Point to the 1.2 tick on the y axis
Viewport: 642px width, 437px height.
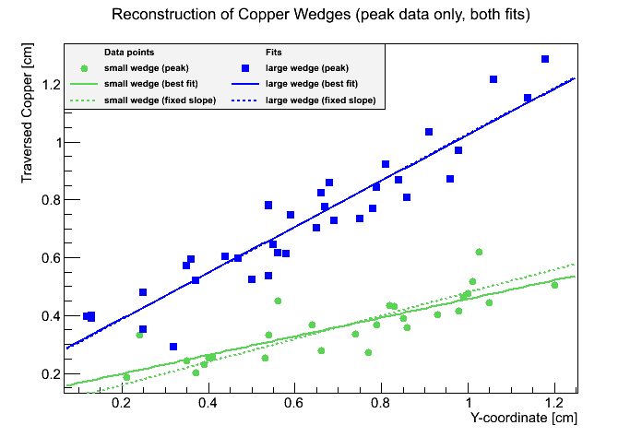click(x=50, y=85)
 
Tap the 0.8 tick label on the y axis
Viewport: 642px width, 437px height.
click(x=50, y=200)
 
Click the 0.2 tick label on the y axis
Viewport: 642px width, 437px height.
click(x=50, y=374)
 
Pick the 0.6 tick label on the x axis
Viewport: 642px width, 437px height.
click(x=294, y=403)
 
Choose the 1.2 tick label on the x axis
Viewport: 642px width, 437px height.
click(x=553, y=403)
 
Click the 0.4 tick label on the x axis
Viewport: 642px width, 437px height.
click(x=208, y=403)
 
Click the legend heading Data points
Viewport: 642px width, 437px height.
click(x=129, y=53)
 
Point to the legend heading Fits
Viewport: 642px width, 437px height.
click(x=275, y=53)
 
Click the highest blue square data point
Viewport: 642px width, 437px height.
click(x=545, y=59)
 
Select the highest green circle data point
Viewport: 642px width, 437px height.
click(x=479, y=252)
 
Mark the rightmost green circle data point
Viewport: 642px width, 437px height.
click(x=554, y=285)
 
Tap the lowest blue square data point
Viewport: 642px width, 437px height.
click(x=173, y=347)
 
